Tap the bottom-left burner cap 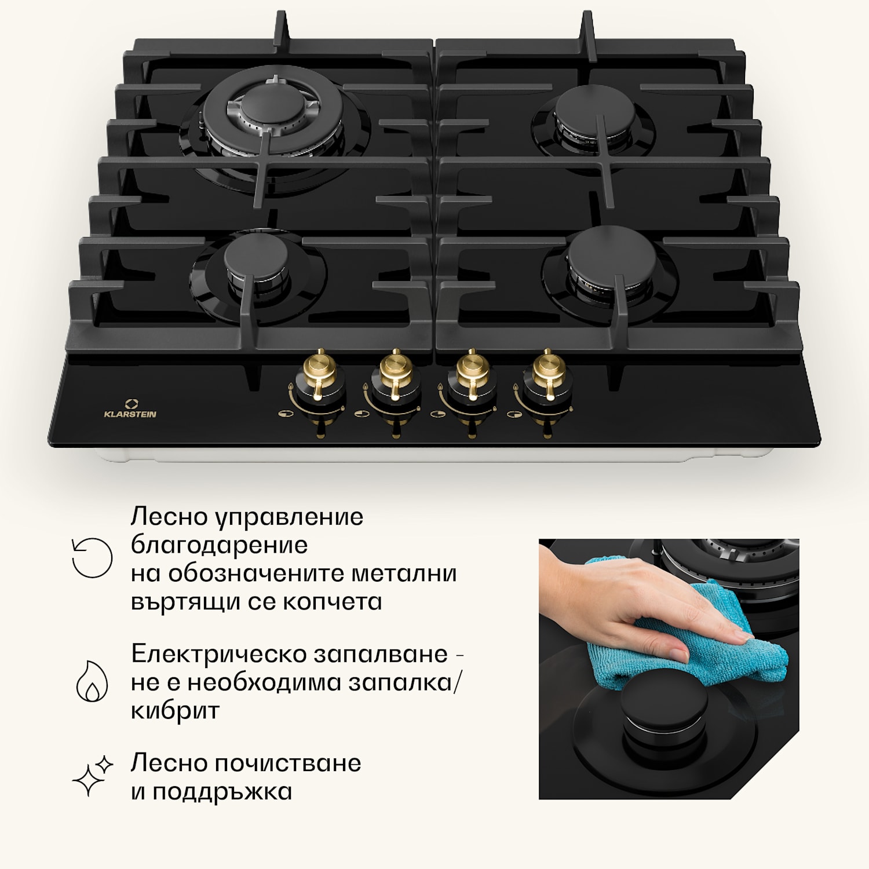tap(256, 254)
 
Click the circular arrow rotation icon tap(92, 558)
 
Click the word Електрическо tap(218, 654)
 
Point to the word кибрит tap(175, 711)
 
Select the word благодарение tap(219, 545)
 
